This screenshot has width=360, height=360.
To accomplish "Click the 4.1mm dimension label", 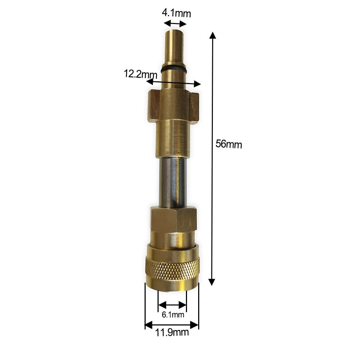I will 176,14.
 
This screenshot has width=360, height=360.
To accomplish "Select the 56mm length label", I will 229,144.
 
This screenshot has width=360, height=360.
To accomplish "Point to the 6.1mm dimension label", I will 173,315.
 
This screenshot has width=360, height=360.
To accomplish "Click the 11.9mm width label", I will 172,332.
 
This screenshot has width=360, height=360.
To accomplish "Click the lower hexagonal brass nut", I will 173,219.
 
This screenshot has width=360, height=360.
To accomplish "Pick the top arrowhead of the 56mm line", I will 213,35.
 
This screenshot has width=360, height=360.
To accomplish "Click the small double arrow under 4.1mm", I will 175,24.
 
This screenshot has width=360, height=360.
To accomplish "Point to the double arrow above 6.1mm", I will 172,305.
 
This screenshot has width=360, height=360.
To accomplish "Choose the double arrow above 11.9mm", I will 172,325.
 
